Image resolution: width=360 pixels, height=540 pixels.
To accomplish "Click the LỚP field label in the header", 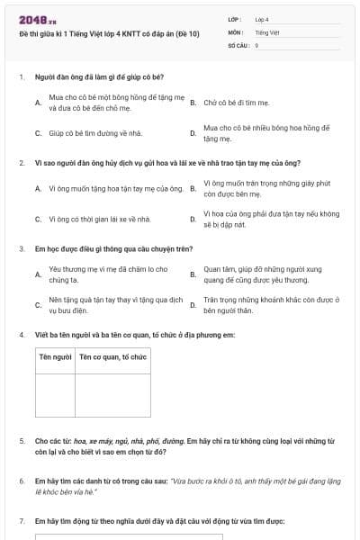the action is [x=235, y=19].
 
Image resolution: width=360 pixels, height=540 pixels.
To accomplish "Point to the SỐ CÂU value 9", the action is [x=257, y=44].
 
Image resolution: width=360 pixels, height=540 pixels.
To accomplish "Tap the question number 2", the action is [x=22, y=163].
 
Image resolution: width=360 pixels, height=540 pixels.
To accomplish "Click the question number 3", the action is [x=22, y=248].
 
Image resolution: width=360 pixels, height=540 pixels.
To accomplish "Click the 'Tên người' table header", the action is [x=56, y=357].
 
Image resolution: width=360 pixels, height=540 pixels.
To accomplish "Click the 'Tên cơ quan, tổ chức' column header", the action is [x=112, y=357].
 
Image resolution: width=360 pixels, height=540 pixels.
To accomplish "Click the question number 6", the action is [x=22, y=481].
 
